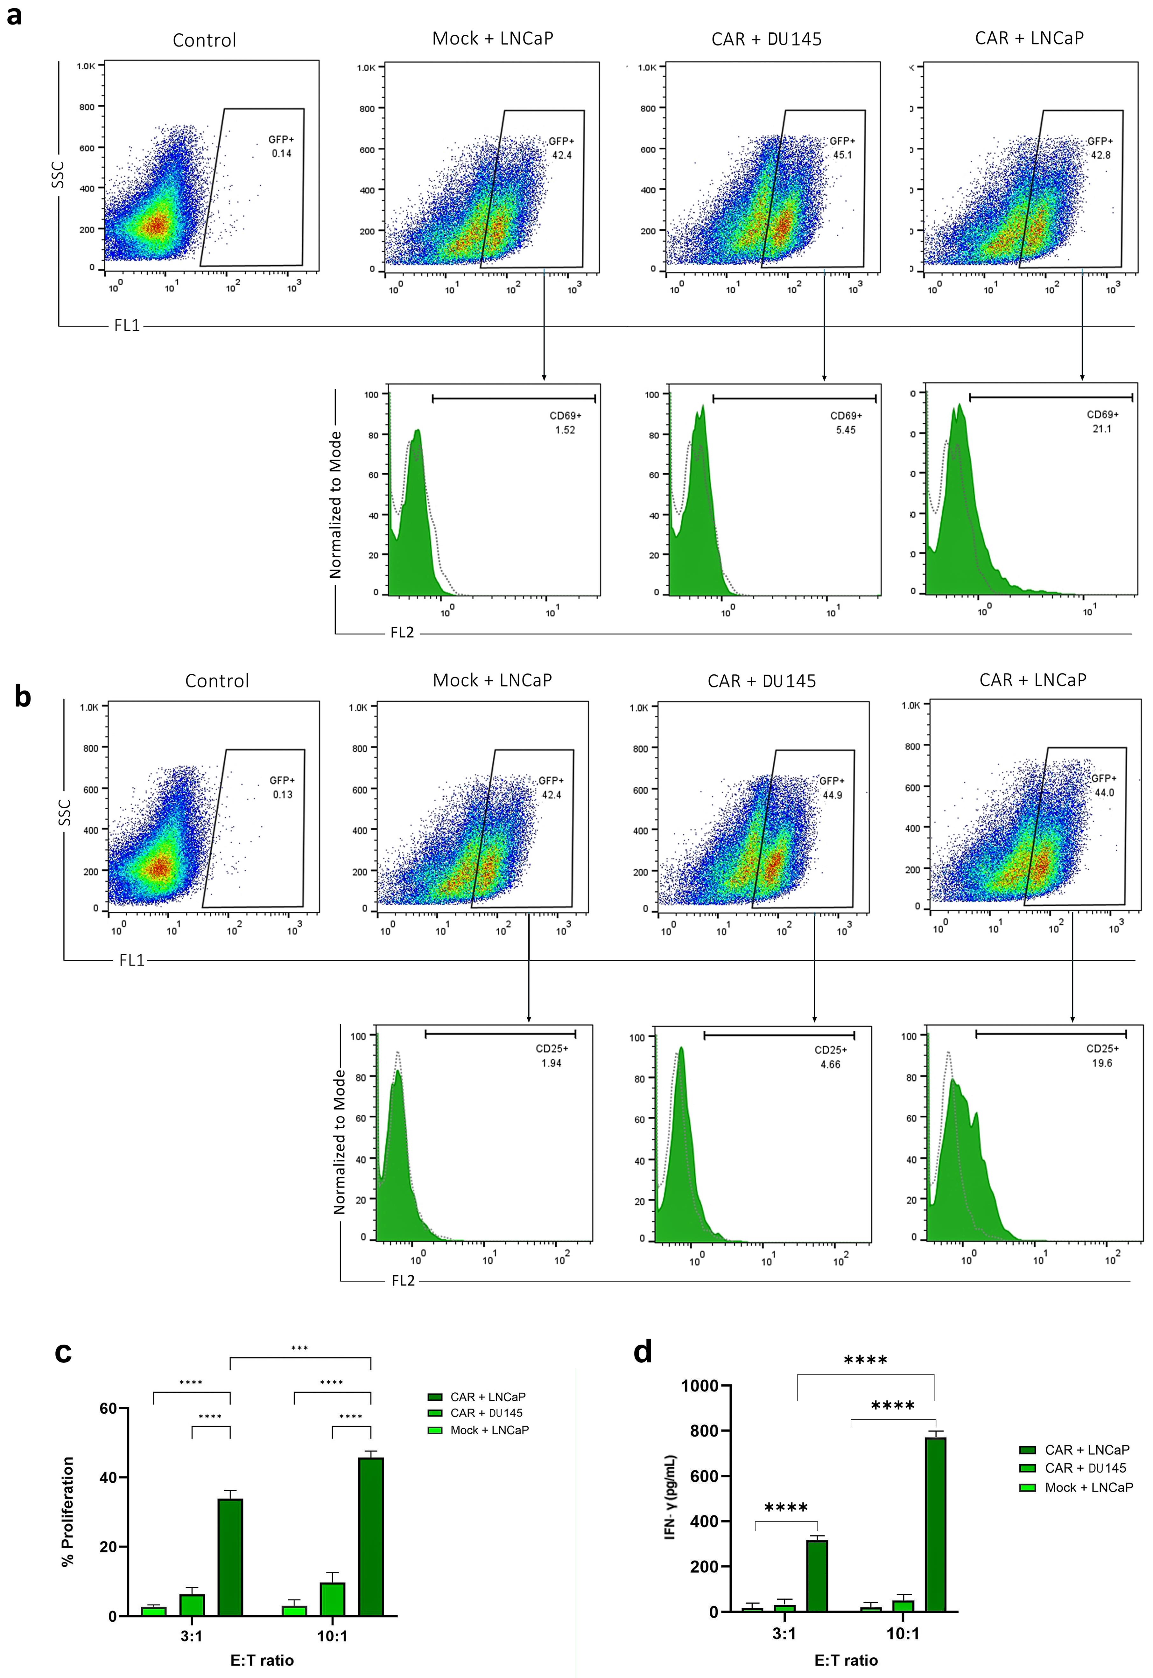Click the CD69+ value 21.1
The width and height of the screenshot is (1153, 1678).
(x=1102, y=429)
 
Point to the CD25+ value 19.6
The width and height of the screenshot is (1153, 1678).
(x=1102, y=1063)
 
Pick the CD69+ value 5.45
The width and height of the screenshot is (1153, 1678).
(x=845, y=430)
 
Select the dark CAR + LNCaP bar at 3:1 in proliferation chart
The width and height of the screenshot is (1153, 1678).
(x=230, y=1560)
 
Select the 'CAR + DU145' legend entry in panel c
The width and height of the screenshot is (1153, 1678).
(x=485, y=1413)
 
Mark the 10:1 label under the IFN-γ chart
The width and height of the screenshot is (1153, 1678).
(x=903, y=1633)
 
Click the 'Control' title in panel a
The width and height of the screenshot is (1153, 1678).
(x=204, y=40)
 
